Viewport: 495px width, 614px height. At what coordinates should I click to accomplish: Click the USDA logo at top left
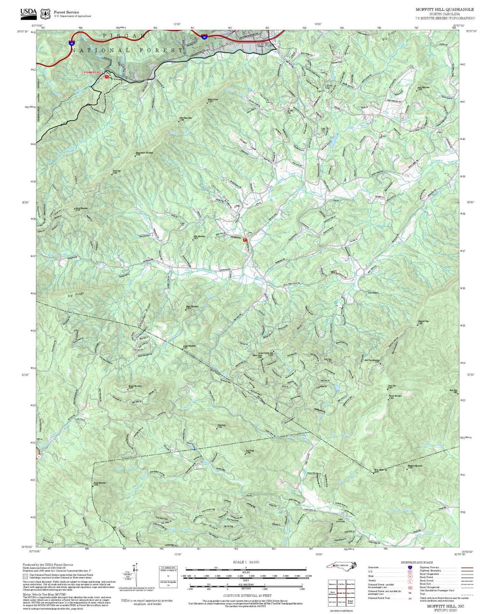point(28,13)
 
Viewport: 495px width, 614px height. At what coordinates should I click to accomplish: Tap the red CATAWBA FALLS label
point(92,73)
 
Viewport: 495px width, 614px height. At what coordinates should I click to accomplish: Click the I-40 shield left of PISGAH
point(71,43)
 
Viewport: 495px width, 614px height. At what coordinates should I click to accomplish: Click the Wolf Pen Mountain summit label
point(372,360)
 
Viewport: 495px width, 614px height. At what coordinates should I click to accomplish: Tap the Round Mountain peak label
point(135,386)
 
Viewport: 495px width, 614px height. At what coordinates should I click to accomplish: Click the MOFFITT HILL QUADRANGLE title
point(445,10)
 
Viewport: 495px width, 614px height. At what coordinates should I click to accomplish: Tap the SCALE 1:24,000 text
point(246,562)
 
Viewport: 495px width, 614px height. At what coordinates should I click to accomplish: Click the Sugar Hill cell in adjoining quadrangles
point(350,593)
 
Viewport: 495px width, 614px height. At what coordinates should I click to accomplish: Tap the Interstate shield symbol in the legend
point(410,567)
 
